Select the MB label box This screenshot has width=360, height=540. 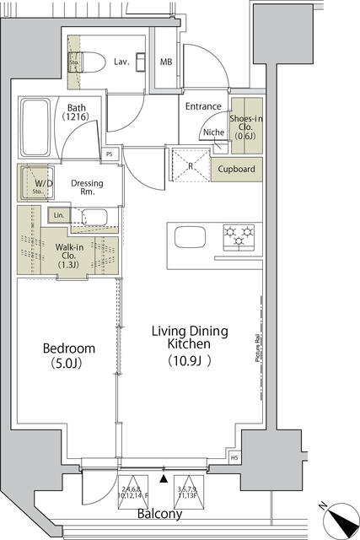pos(167,62)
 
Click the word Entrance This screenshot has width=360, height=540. pos(203,106)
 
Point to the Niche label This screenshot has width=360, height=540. pos(212,132)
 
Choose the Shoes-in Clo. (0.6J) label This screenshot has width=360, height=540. pos(247,127)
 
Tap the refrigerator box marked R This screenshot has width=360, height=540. pos(190,164)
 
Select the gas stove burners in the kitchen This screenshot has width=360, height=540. pos(238,235)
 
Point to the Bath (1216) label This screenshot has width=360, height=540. pos(77,113)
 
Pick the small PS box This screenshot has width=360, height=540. pos(110,154)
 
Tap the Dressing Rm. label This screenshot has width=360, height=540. pos(87,187)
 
